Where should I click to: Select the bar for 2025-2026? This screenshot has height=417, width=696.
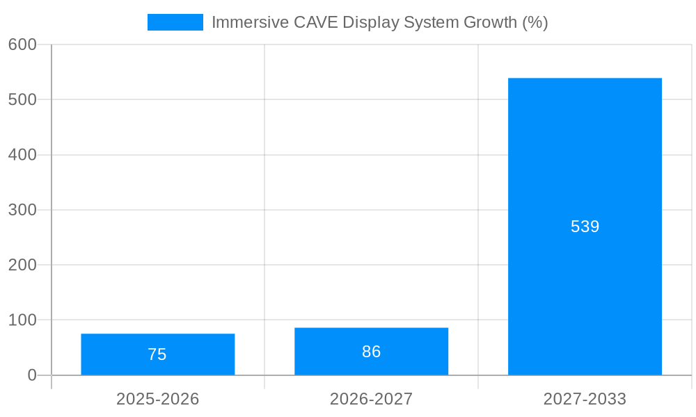pos(157,354)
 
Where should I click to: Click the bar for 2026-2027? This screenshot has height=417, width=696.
pos(371,351)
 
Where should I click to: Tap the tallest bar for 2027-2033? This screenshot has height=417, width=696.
pos(585,227)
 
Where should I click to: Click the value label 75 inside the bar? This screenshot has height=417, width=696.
pos(157,354)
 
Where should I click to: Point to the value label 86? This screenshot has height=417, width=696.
pos(371,352)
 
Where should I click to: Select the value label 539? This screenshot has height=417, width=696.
pos(585,227)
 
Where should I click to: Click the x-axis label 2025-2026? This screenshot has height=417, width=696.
pos(157,399)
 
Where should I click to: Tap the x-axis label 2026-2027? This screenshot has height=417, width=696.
pos(371,399)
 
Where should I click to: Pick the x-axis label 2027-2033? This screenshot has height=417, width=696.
pos(585,399)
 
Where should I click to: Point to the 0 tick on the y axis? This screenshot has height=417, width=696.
pos(32,375)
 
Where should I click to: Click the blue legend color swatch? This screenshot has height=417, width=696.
pos(175,22)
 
